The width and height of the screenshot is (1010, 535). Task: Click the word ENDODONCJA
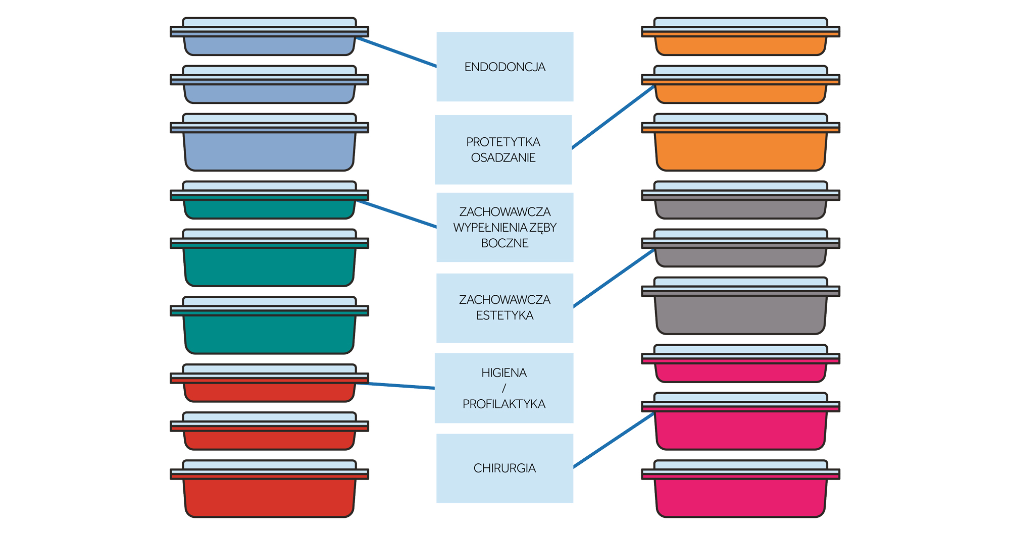[x=504, y=67]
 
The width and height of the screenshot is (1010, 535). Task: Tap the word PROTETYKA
[x=503, y=142]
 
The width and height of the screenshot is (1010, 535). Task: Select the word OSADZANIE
[x=503, y=158]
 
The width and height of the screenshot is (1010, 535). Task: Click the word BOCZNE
[x=504, y=243]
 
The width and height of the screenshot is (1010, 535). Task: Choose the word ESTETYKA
[x=504, y=315]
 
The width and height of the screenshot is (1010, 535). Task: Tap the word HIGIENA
[x=504, y=373]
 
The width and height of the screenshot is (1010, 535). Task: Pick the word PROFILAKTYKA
[x=504, y=404]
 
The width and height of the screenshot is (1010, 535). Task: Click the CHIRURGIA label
[x=504, y=468]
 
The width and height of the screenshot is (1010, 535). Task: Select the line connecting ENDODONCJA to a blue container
[x=396, y=52]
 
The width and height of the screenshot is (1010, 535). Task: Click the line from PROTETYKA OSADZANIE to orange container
[x=613, y=117]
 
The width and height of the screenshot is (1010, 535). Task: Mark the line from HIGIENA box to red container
[x=396, y=386]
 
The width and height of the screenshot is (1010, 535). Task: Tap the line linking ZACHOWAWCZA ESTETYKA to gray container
[x=614, y=279]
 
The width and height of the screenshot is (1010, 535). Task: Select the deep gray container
[x=740, y=313]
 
